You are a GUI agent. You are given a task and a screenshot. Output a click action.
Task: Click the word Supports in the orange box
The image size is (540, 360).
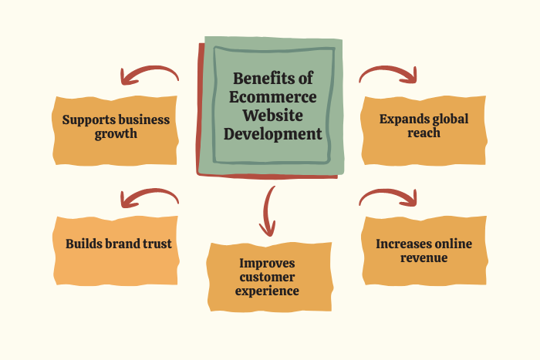[87, 119]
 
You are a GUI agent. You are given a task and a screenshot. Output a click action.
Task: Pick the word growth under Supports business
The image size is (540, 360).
[116, 133]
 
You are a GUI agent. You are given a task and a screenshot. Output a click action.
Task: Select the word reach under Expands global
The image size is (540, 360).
[424, 133]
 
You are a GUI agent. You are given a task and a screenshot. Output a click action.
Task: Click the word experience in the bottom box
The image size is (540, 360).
[268, 291]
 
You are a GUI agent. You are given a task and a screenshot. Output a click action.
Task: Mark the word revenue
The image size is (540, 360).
[424, 257]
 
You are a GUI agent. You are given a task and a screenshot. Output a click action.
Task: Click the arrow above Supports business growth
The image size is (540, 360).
[148, 74]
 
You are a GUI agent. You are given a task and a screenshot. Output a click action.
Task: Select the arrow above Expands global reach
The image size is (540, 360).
[389, 72]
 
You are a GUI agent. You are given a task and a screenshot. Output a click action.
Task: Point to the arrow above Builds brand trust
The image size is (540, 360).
[149, 198]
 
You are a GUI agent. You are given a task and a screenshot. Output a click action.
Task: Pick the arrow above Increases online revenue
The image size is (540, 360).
[389, 197]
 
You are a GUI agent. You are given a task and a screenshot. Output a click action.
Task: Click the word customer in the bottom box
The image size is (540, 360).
[268, 277]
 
